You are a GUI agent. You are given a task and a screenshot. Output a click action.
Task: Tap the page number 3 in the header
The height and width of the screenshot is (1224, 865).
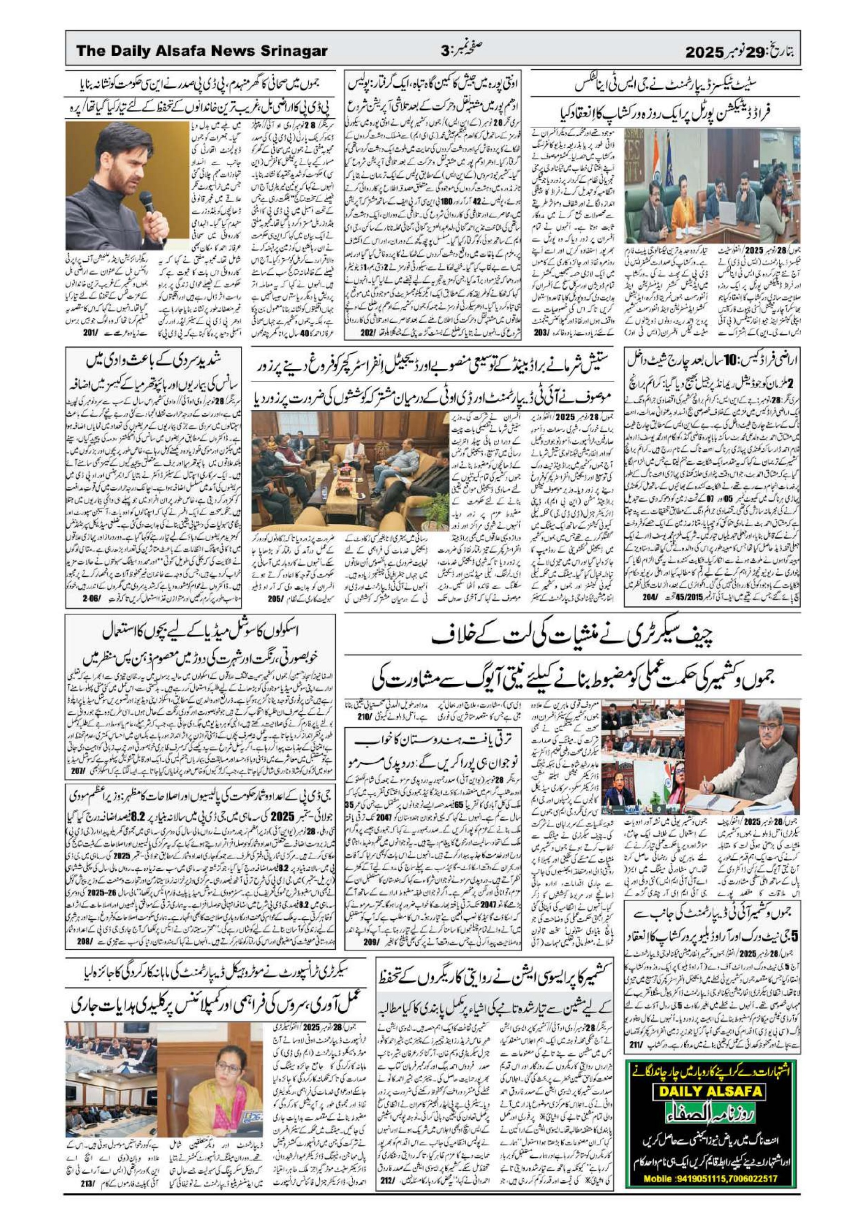click(445, 51)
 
